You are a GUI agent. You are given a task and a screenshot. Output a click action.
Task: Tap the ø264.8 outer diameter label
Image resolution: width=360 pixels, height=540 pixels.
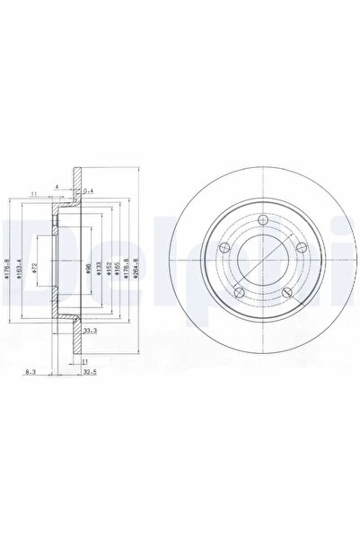tap(137, 268)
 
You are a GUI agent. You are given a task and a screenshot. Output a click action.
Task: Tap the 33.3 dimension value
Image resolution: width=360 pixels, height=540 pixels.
tap(88, 332)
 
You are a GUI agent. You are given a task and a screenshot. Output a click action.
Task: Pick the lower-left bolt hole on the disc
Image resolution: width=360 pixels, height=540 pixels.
tap(237, 292)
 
